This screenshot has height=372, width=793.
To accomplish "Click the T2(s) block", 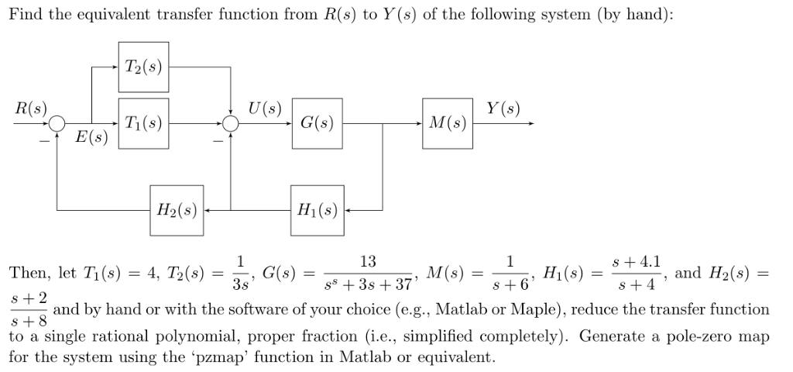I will pyautogui.click(x=143, y=67).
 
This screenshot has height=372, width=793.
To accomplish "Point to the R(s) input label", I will pyautogui.click(x=29, y=109).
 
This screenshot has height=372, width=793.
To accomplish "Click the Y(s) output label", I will pyautogui.click(x=503, y=109).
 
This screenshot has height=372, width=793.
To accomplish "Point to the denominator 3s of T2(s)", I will pyautogui.click(x=241, y=284).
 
